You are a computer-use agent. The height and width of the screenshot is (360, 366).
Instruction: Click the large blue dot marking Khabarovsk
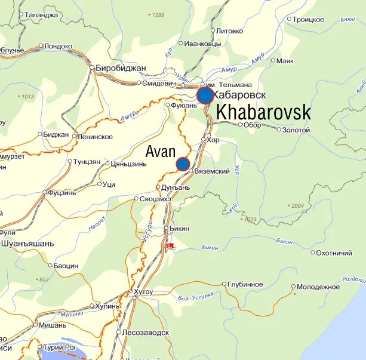205,96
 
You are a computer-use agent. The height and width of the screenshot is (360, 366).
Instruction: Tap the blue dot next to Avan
183,164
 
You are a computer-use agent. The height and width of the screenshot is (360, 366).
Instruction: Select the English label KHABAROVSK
263,112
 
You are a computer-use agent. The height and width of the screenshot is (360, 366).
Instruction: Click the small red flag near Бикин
170,245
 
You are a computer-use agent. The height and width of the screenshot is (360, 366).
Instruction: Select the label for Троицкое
308,19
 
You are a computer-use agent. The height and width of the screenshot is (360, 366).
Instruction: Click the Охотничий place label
334,253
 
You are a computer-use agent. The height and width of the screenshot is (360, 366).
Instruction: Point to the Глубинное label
245,284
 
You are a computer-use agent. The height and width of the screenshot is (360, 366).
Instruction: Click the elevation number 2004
297,206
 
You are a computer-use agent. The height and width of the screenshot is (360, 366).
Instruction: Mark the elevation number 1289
158,15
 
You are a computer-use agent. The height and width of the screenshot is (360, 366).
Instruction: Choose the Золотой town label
296,130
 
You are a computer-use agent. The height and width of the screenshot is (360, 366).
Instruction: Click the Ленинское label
95,137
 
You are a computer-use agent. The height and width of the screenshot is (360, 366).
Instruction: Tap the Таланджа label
42,15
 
